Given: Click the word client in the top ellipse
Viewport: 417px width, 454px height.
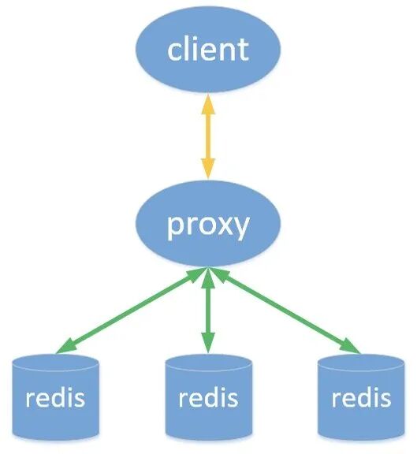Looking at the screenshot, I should pos(207,49).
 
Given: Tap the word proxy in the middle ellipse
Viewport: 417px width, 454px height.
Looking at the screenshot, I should pos(207,225).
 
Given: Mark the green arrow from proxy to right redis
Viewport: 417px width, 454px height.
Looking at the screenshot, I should pos(284,309).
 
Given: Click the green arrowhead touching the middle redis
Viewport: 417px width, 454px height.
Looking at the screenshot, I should pos(208,345).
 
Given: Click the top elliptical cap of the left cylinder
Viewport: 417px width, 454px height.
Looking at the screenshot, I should pos(56,365).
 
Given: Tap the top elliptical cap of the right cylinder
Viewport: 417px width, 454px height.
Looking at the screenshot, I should pos(360,365).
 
